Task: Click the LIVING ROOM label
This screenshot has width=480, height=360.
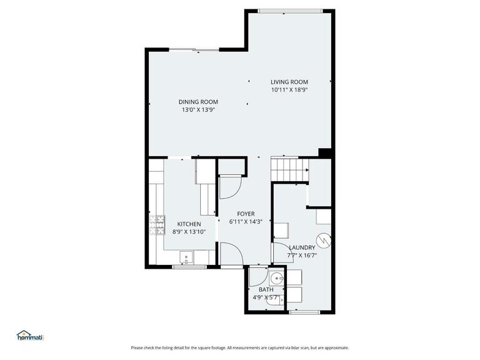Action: click(x=289, y=82)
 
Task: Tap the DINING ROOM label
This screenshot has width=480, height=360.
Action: click(x=198, y=102)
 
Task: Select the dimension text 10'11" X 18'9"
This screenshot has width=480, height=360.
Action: click(x=289, y=90)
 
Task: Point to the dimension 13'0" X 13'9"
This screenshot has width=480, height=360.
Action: click(x=198, y=110)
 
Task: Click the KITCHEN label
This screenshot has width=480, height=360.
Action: click(x=189, y=224)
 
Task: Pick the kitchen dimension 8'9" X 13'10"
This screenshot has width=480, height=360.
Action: click(x=189, y=232)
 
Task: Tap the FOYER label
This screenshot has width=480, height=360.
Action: click(x=245, y=214)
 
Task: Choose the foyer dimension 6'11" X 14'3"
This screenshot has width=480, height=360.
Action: click(x=245, y=221)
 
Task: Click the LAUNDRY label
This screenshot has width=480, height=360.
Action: click(x=302, y=247)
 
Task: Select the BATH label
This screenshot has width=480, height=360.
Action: click(x=266, y=289)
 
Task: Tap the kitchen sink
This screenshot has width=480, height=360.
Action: click(x=186, y=257)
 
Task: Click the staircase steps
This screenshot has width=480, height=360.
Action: click(x=289, y=169)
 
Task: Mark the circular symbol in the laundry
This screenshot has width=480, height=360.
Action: click(x=323, y=239)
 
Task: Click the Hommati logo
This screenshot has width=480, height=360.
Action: click(x=31, y=335)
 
